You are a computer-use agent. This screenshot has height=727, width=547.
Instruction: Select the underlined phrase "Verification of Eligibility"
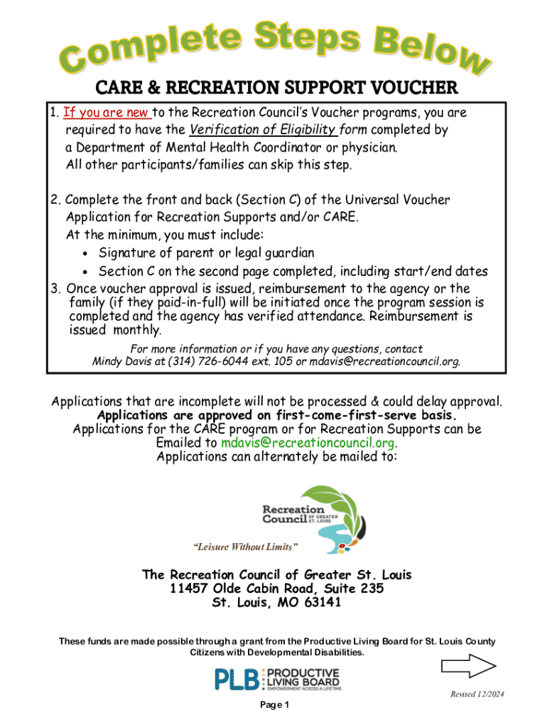pos(262,130)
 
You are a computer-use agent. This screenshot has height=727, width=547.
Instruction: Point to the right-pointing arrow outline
pos(467,665)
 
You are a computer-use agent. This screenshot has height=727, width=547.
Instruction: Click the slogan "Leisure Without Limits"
pos(246,547)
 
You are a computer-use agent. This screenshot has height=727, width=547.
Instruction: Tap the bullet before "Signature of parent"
pos(85,253)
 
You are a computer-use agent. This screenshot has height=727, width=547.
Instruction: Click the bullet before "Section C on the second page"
pos(85,271)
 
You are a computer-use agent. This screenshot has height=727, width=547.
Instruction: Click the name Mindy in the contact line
pos(108,361)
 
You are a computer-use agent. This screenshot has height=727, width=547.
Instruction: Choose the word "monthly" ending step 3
pos(138,330)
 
